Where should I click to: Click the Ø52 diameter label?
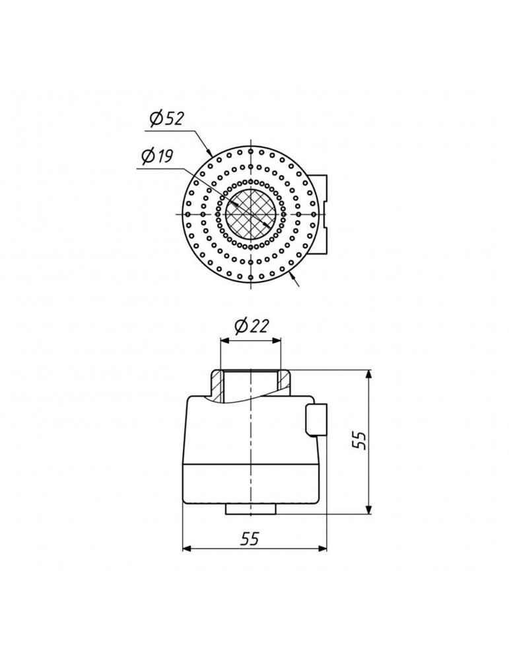point(167,118)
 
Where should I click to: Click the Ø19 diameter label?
point(158,157)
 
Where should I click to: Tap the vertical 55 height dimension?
point(359,440)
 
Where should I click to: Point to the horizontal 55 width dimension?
point(250,538)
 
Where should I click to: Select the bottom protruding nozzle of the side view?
point(251,509)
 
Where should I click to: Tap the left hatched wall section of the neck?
point(218,386)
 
